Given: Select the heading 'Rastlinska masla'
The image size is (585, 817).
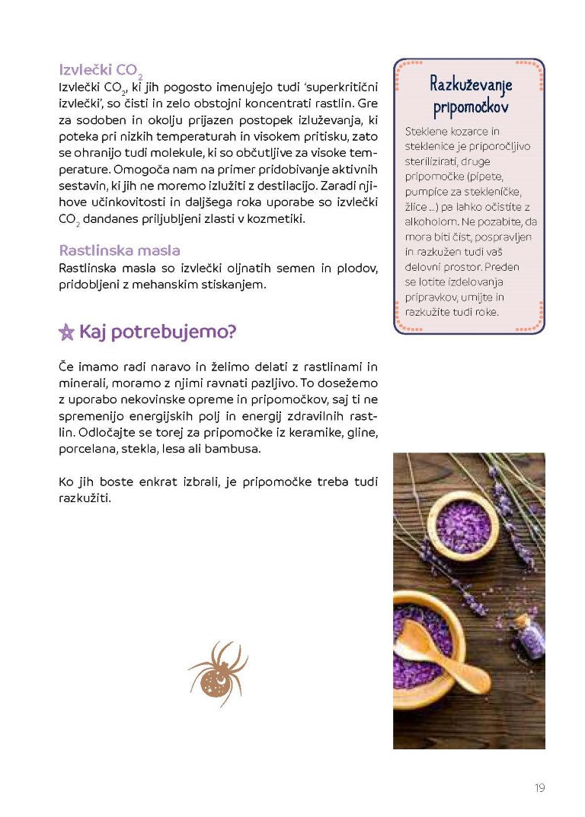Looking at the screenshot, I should coord(119,250).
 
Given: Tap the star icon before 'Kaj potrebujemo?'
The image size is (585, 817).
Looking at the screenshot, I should coord(67,332).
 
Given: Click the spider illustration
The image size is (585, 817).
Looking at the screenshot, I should coord(218,672).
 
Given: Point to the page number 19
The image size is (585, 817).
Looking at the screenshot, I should coord(539,788).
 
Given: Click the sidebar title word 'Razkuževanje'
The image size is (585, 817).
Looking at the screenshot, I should coord(468,84).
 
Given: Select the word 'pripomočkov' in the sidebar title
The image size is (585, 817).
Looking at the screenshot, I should coord(470,108).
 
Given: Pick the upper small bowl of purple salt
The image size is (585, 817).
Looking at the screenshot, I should coord(465,525).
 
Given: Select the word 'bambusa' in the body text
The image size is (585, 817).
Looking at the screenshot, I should coord(238,449).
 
